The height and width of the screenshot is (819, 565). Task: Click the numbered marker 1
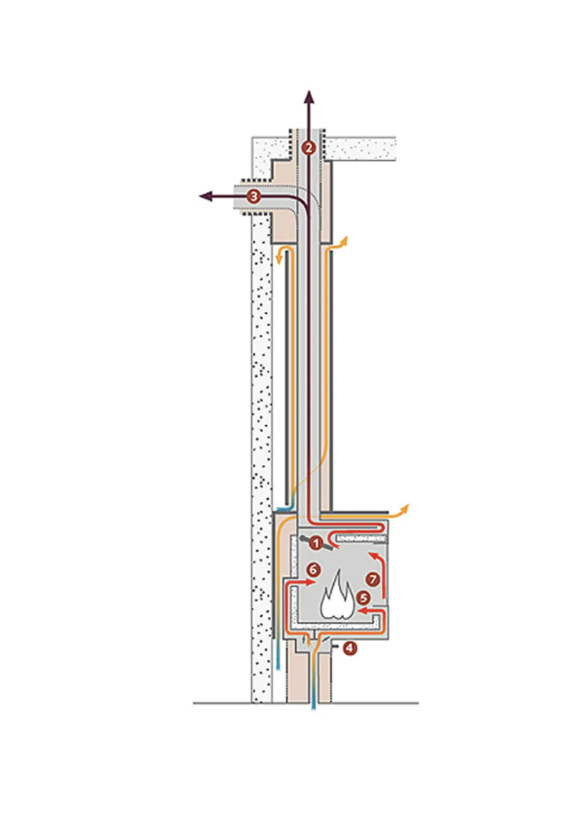(x=316, y=543)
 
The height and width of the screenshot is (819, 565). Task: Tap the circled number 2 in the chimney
(x=309, y=148)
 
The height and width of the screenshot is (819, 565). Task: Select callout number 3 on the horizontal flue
(x=254, y=196)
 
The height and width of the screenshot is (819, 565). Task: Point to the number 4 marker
(x=349, y=648)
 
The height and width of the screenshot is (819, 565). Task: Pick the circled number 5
(x=363, y=598)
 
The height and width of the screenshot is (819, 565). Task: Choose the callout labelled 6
(x=313, y=569)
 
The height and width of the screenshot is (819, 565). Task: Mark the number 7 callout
(x=372, y=579)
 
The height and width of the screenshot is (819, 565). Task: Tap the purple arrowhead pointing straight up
(x=310, y=97)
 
